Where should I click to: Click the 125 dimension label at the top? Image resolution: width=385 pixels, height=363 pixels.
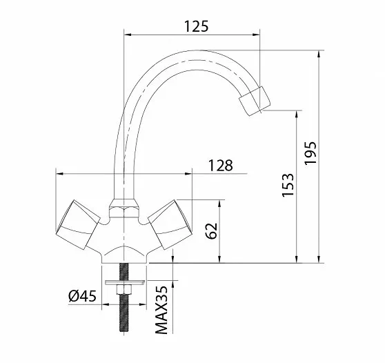click(x=196, y=26)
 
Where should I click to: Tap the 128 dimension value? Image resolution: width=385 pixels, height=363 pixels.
click(x=220, y=166)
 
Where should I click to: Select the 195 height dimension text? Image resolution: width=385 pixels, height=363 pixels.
click(x=310, y=153)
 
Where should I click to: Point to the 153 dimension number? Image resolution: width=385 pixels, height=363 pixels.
click(x=288, y=185)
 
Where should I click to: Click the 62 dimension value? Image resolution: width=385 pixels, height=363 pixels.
click(x=212, y=231)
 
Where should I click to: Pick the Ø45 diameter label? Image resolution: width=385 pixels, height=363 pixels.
click(x=82, y=296)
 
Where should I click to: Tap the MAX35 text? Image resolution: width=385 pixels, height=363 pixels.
click(x=161, y=310)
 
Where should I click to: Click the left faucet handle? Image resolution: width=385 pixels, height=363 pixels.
click(x=78, y=224)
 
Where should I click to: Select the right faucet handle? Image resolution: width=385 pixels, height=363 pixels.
click(x=170, y=224)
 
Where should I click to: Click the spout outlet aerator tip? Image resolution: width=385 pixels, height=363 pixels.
click(x=255, y=101)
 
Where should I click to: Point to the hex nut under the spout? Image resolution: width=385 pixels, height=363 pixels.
click(x=124, y=208)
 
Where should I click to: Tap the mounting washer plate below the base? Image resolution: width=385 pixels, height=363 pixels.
click(x=125, y=282)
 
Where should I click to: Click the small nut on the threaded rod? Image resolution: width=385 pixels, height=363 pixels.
click(x=124, y=289)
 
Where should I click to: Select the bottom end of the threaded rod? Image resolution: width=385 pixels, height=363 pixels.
click(x=124, y=331)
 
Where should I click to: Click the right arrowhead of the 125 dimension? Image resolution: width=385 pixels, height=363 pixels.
click(x=256, y=35)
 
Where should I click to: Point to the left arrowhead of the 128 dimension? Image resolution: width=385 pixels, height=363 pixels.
click(x=59, y=174)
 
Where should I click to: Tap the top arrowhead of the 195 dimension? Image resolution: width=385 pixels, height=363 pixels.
click(x=319, y=54)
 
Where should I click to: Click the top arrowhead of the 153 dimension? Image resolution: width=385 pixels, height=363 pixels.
click(x=297, y=114)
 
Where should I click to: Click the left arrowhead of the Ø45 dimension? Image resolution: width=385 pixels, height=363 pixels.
click(x=106, y=304)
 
